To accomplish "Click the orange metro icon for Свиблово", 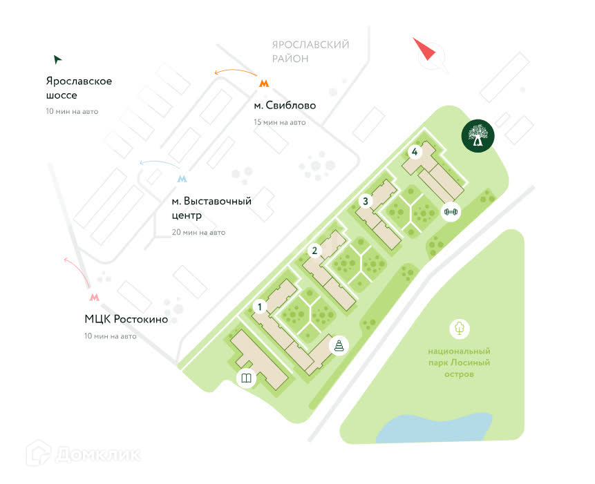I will tap(263, 84).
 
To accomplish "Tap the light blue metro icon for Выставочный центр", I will tap(182, 179).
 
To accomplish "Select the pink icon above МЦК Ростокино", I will tap(94, 297).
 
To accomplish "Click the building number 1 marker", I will tap(260, 306).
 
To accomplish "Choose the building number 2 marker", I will tap(314, 251).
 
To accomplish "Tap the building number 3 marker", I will tap(366, 202).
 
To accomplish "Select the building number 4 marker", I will tap(414, 152).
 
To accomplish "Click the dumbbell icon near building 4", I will tap(451, 211).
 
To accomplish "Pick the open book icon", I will tap(246, 378).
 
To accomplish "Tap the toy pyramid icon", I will tap(339, 345).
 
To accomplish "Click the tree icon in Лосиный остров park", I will tap(460, 329).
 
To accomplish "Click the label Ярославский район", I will tap(310, 52).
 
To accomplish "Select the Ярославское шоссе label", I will tap(79, 88).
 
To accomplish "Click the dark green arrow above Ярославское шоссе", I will tap(57, 59).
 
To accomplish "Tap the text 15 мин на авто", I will tap(280, 122).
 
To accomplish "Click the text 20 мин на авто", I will tap(198, 232).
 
